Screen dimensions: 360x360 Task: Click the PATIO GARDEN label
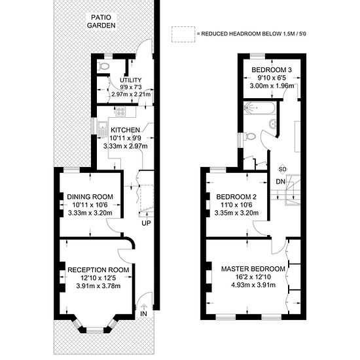[101, 22]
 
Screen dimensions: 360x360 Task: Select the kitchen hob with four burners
[120, 111]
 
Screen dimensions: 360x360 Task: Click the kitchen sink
[102, 127]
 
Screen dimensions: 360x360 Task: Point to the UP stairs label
[146, 223]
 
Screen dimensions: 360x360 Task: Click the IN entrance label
[143, 314]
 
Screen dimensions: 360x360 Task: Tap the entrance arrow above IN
[144, 306]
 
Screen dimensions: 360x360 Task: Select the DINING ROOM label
[90, 197]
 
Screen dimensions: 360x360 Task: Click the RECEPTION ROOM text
[98, 270]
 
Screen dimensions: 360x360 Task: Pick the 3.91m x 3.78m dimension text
[98, 286]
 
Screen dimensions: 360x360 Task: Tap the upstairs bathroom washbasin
[273, 124]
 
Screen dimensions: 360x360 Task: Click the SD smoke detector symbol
[282, 170]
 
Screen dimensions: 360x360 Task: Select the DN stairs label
[281, 182]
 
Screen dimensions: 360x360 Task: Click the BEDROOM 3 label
[272, 70]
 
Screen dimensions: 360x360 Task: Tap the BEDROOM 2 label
[236, 197]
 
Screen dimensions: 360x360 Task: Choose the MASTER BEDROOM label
[253, 269]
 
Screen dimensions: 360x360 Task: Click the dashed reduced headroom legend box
[183, 34]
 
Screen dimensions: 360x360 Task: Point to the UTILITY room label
[131, 80]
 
